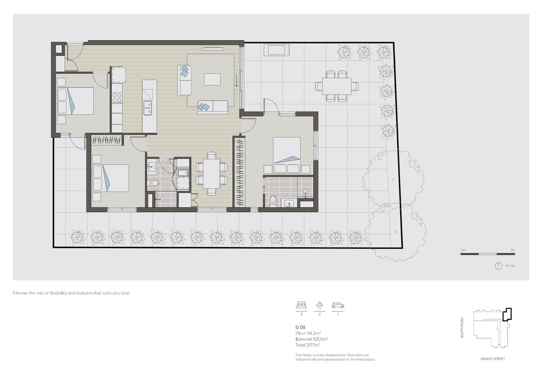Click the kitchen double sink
[148, 108]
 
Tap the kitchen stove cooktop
[117, 98]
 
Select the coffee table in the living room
[212, 79]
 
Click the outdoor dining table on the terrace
[337, 86]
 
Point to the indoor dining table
[211, 173]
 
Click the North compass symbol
[498, 266]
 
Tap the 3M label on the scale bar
[512, 250]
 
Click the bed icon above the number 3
[301, 305]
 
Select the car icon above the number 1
[338, 305]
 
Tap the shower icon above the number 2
[320, 305]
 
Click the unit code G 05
[300, 327]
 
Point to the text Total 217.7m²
[308, 345]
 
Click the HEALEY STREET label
[492, 359]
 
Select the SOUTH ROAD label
[462, 327]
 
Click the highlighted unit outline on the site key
[508, 314]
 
